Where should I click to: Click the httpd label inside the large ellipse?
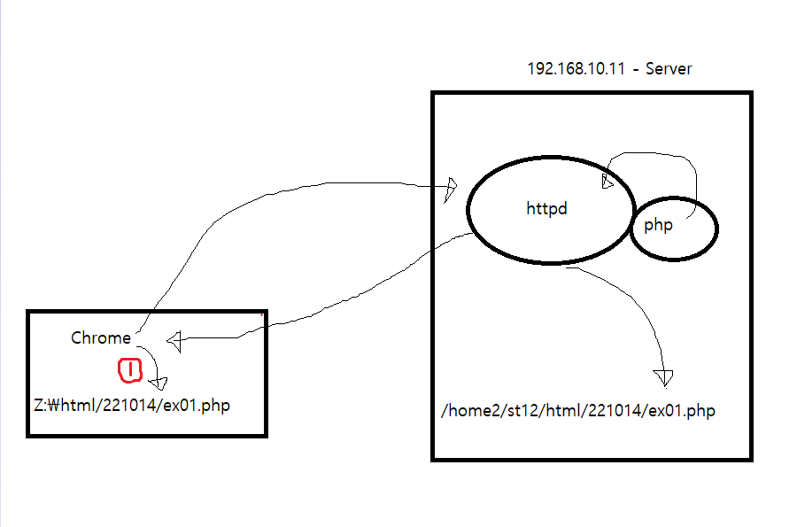(x=546, y=210)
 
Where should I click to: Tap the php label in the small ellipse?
(x=658, y=225)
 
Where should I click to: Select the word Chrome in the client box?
(x=101, y=337)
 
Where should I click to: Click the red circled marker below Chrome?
(x=130, y=370)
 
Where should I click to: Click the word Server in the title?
(x=669, y=68)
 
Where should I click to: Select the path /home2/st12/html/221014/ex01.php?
(x=577, y=411)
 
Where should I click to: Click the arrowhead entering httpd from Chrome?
(x=451, y=189)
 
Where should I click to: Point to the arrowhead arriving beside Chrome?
(x=174, y=340)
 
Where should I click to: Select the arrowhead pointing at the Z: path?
(x=158, y=384)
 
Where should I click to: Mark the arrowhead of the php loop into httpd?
(x=608, y=181)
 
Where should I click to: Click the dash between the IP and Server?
(x=636, y=69)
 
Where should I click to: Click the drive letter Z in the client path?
(x=38, y=406)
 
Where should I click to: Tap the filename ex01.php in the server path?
(x=685, y=411)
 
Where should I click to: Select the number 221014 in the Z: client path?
(x=133, y=406)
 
